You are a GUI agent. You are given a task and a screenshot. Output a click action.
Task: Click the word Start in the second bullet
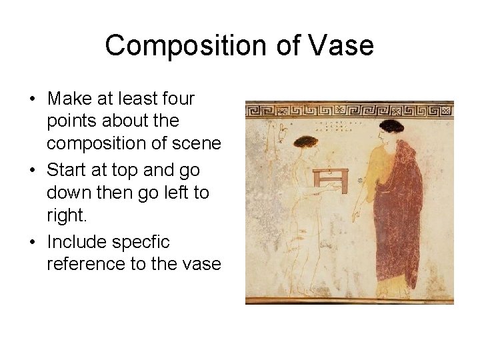69,171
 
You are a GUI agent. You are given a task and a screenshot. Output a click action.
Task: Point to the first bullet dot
32,99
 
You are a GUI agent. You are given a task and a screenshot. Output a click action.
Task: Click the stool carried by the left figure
331,179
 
